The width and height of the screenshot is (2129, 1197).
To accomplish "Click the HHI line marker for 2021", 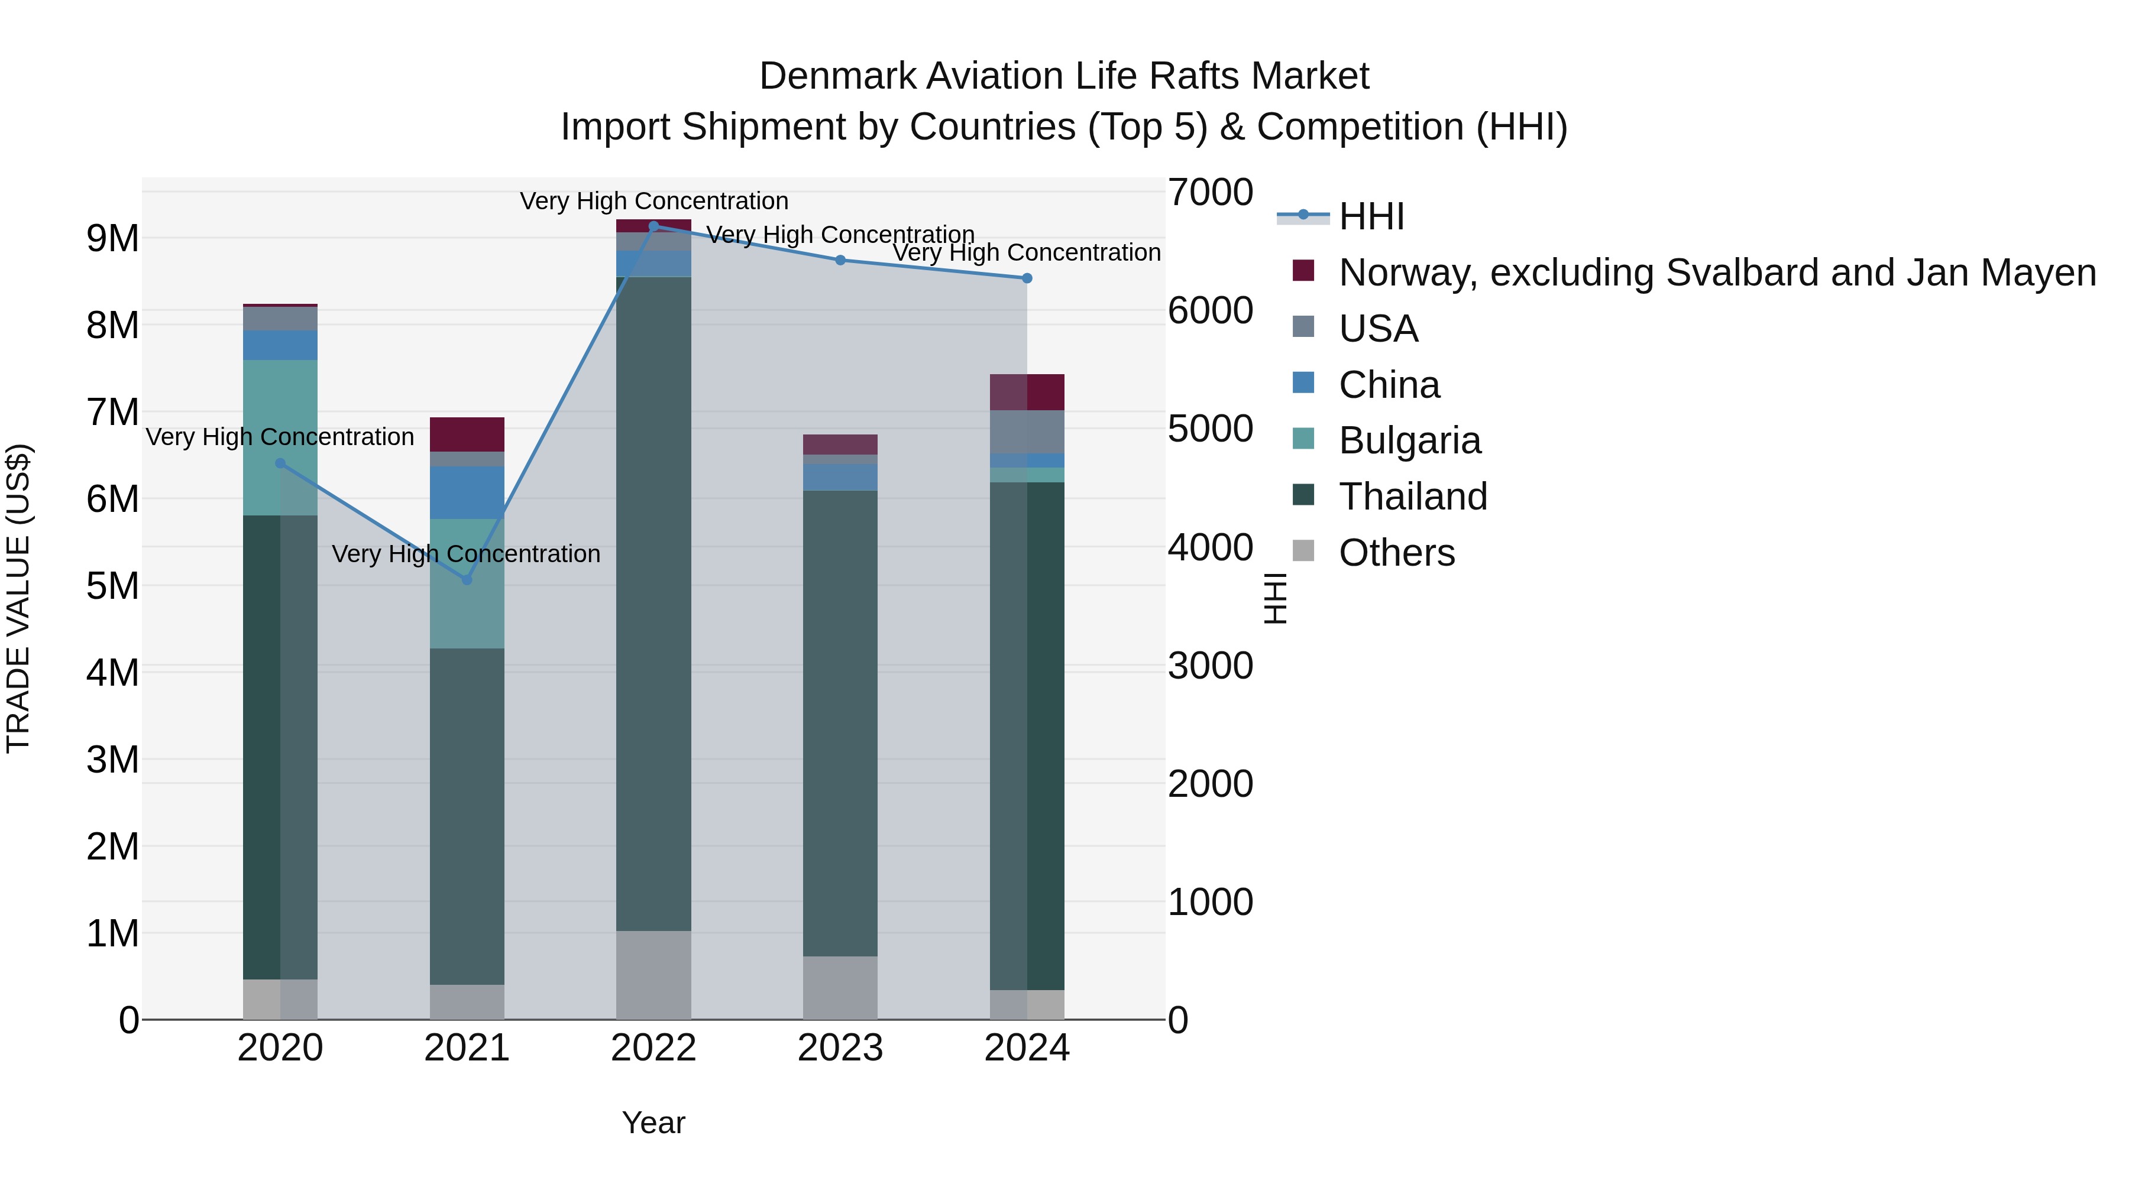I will click(x=467, y=580).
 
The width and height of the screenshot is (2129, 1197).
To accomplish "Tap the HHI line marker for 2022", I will click(x=653, y=226).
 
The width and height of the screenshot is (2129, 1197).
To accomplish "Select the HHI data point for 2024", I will click(x=1027, y=278).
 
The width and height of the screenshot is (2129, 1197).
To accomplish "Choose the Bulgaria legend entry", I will click(x=1409, y=440).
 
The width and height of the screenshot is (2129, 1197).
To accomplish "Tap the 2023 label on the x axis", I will click(x=840, y=1048).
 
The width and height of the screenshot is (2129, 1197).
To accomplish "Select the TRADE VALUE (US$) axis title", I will click(x=18, y=598).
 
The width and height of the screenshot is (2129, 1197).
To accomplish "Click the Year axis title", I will click(x=653, y=1123).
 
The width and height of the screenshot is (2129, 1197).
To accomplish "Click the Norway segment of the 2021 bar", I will click(x=467, y=434).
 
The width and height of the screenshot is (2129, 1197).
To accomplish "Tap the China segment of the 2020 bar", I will click(x=280, y=345).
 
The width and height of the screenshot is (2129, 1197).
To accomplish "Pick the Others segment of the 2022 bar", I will click(x=653, y=975).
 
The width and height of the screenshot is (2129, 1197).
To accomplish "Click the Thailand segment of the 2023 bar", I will click(x=840, y=723).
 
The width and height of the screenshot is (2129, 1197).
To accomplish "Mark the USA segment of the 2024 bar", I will click(x=1027, y=432).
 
